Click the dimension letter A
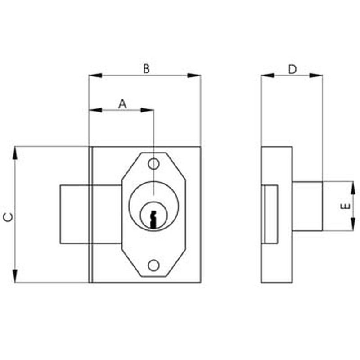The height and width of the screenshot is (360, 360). click(122, 104)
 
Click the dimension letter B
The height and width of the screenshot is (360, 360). click(147, 69)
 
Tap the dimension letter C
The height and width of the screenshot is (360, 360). click(9, 217)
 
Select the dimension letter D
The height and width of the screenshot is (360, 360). click(292, 69)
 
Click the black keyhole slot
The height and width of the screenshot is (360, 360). click(153, 220)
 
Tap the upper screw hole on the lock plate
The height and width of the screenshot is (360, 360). click(153, 164)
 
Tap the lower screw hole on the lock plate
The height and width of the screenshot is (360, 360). click(153, 265)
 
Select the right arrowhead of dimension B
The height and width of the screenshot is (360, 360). click(194, 75)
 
